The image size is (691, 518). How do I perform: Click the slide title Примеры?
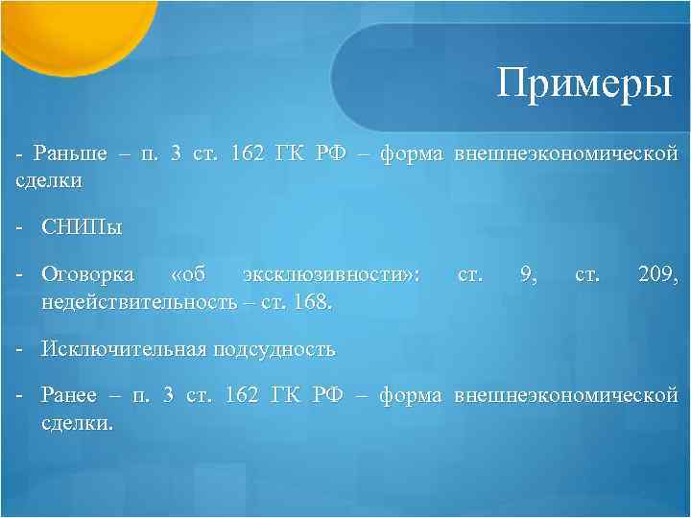pos(584,85)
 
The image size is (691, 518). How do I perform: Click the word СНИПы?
pos(82,228)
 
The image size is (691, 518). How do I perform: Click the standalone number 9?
pos(526,276)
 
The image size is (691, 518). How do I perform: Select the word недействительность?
pos(138,302)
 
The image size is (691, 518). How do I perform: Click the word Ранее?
pos(67,395)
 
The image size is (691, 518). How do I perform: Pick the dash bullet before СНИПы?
pos(18,228)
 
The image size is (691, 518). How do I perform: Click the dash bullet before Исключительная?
pos(18,349)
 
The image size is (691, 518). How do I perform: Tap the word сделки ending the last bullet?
pos(77,421)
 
